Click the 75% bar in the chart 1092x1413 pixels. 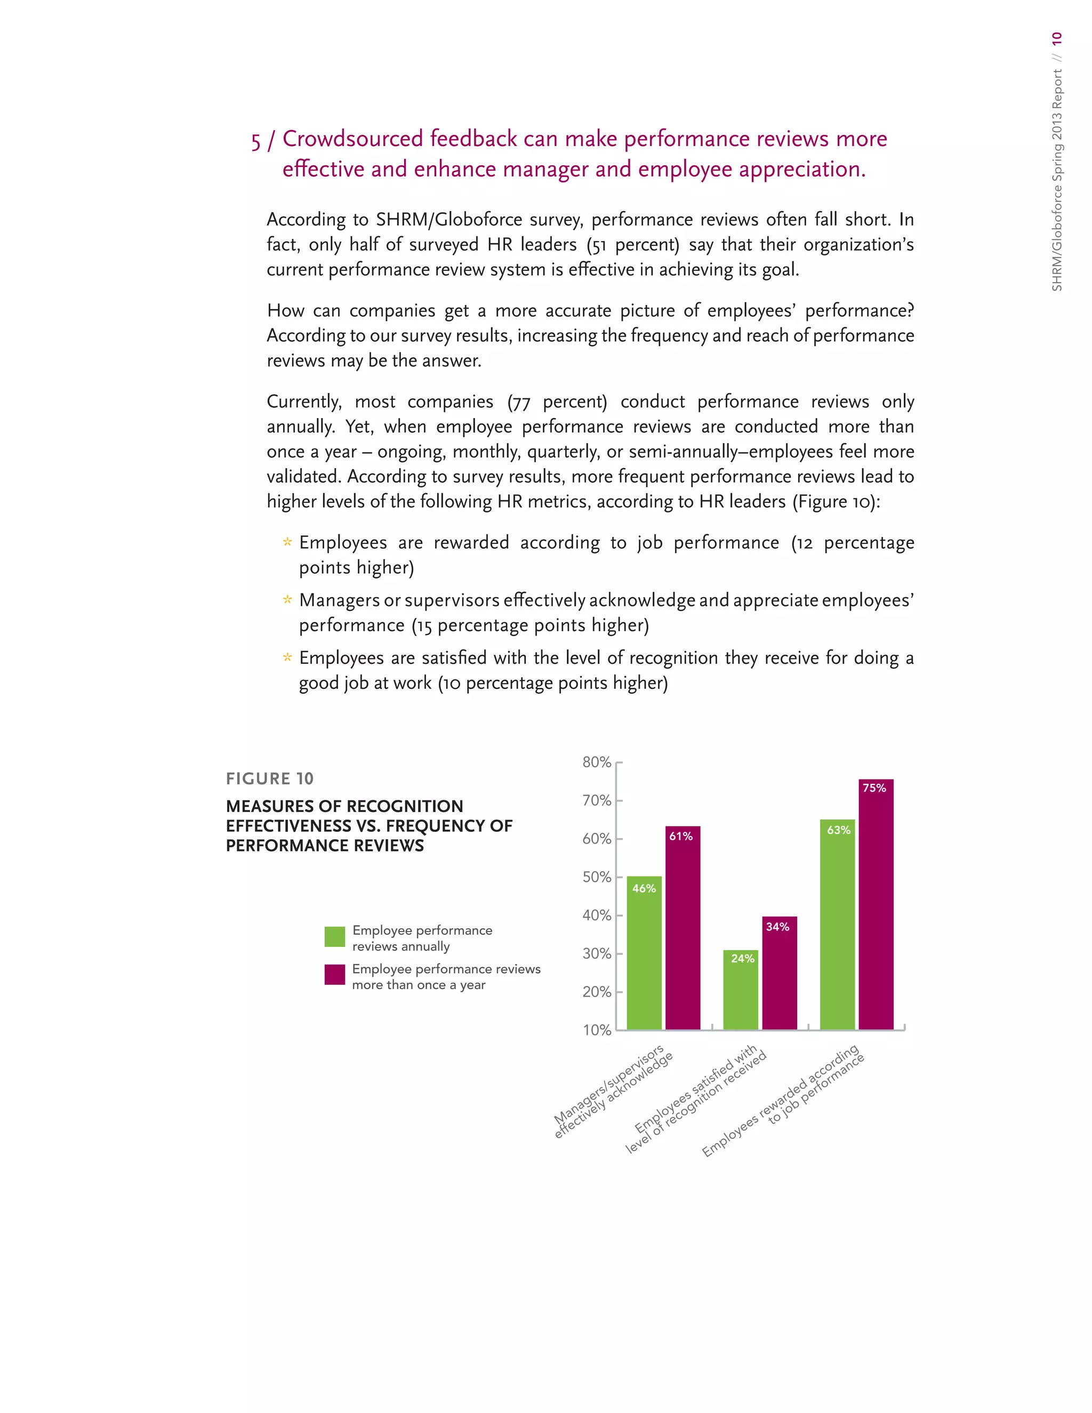876,906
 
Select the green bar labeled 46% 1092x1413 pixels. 644,954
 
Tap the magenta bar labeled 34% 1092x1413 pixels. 779,974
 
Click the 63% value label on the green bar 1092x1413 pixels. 838,830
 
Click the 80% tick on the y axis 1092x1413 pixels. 597,762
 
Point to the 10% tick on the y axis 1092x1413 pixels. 597,1030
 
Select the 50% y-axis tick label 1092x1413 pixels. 597,877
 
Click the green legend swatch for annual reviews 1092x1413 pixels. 334,937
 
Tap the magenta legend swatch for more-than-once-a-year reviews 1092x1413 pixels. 334,975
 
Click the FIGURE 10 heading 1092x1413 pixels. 270,778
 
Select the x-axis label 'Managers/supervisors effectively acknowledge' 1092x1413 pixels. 613,1091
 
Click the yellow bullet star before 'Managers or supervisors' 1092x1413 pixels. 287,600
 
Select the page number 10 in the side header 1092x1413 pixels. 1056,38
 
